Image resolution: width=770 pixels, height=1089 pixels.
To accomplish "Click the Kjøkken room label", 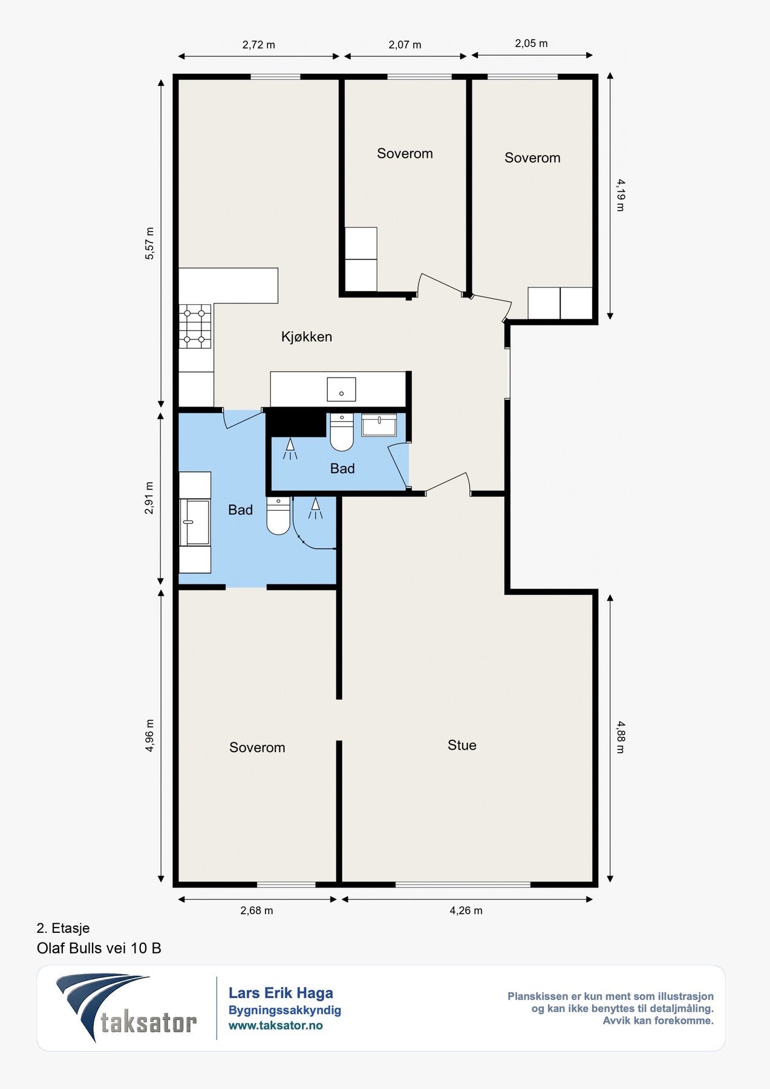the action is click(x=307, y=337).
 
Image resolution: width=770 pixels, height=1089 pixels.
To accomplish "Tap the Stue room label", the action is click(x=462, y=745).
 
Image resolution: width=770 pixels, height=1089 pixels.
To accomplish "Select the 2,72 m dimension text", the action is click(x=259, y=45).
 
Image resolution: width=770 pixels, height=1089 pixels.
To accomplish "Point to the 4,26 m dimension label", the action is click(x=466, y=911).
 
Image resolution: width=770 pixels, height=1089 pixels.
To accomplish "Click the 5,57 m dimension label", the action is click(x=149, y=244).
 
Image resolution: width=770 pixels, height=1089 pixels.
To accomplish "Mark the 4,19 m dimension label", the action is click(x=620, y=195).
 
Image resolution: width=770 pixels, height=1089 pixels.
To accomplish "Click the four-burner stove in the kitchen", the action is click(x=195, y=327).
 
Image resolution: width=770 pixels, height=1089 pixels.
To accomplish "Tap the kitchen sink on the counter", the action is click(x=341, y=389).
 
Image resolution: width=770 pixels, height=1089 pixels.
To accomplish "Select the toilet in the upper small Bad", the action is click(x=342, y=432).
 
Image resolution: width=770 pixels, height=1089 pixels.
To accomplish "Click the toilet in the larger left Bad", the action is click(x=278, y=515).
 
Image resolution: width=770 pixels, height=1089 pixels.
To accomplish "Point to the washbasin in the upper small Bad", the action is click(x=379, y=425).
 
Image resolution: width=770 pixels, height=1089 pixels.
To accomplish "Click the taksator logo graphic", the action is click(x=126, y=1008).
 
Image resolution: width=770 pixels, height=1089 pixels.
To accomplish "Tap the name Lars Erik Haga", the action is click(x=281, y=993).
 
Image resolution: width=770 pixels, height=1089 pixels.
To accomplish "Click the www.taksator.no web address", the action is click(x=275, y=1025).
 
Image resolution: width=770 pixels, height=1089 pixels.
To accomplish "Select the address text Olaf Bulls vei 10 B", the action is click(x=99, y=948).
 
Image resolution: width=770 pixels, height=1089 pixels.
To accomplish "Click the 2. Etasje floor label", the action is click(x=63, y=928).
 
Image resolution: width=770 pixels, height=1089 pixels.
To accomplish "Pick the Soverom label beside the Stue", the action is click(x=257, y=748).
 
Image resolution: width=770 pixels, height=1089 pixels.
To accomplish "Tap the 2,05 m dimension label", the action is click(x=531, y=44).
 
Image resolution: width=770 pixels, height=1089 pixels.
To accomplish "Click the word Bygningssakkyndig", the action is click(x=285, y=1010).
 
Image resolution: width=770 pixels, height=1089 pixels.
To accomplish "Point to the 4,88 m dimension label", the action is click(x=620, y=737).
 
